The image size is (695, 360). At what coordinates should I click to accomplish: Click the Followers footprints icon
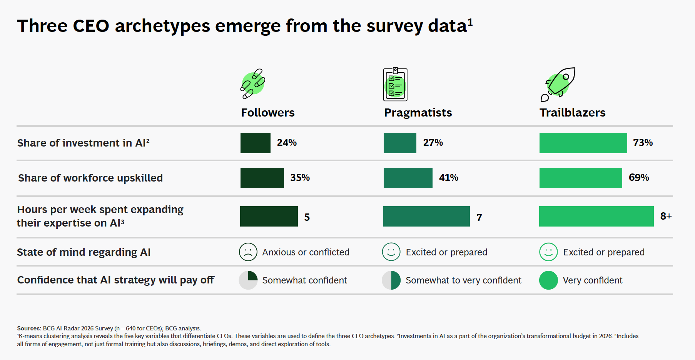[253, 83]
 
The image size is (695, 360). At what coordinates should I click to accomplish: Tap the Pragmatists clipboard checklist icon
[395, 85]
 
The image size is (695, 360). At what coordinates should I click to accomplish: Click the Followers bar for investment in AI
[255, 143]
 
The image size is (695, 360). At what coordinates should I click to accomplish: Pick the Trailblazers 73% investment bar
[583, 143]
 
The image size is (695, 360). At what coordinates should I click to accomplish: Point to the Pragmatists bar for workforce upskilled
[408, 178]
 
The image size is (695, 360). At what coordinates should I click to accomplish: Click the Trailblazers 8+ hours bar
[596, 216]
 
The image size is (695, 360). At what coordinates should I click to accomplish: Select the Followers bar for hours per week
[269, 216]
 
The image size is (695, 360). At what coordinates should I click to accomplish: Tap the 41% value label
[448, 178]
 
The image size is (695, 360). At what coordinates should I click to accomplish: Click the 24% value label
[287, 143]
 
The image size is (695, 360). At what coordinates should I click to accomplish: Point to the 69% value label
[639, 178]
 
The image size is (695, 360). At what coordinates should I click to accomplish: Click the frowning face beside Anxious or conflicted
[248, 252]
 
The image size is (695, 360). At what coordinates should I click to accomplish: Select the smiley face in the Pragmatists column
[391, 252]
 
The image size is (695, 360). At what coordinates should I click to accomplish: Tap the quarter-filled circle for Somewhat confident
[248, 280]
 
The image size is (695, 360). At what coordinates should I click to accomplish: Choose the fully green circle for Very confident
[548, 280]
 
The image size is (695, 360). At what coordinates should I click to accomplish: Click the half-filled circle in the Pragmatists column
[391, 280]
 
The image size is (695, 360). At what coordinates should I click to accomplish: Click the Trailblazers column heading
[572, 113]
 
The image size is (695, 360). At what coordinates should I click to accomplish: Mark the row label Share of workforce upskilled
[90, 178]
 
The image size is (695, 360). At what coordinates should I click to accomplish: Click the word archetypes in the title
[162, 26]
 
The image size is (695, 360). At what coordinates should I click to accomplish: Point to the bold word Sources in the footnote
[29, 328]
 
